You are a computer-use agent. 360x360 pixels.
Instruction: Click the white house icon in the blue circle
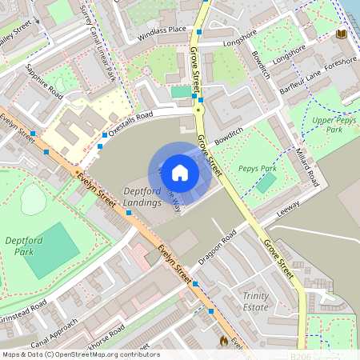180,172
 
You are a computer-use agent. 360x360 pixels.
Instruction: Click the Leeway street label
287,206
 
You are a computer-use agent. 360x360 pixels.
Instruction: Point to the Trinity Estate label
255,302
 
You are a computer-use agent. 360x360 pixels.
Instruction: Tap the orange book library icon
342,34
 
